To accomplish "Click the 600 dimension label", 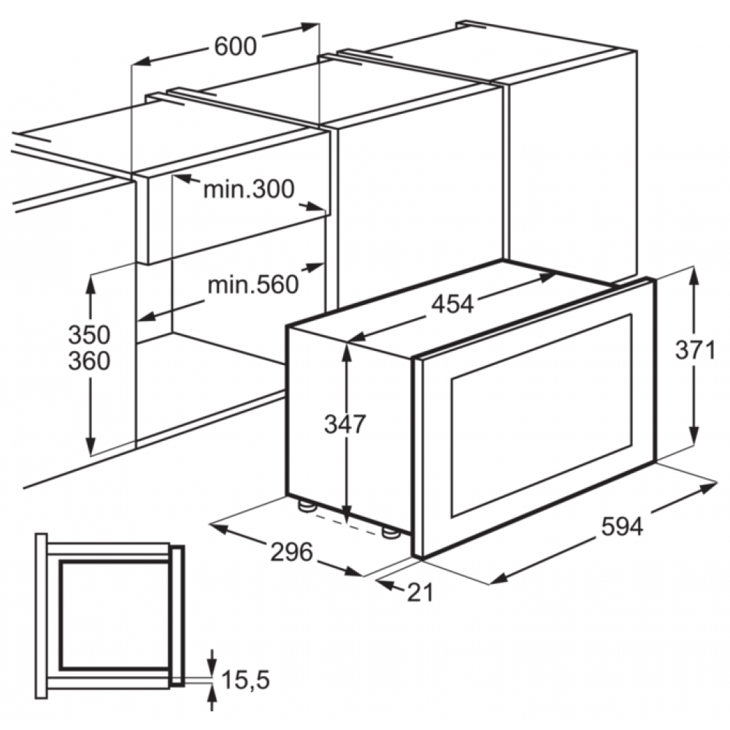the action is [x=236, y=47].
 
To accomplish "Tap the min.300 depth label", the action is [x=249, y=189].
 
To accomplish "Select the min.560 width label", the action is [x=253, y=285].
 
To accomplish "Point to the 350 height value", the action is [x=89, y=334].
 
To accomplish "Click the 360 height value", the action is [x=89, y=361].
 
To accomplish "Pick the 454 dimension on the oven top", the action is [x=452, y=304].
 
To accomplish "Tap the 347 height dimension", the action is [x=345, y=424].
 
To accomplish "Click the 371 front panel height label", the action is [x=695, y=350].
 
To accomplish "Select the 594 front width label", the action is [x=623, y=526].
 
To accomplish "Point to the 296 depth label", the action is [x=292, y=553].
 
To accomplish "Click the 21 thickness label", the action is [x=420, y=593].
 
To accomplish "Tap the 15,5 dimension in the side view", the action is [x=246, y=679].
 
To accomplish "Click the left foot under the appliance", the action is [x=307, y=506].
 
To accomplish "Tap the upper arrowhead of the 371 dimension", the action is [x=693, y=277].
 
